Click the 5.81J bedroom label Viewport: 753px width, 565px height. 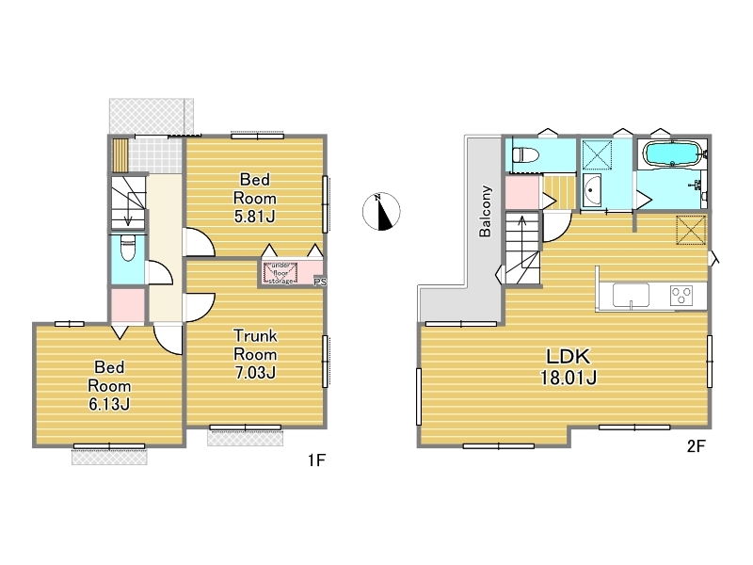[x=254, y=198]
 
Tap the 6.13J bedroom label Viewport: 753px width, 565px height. [x=109, y=386]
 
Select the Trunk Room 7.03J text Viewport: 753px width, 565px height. [x=255, y=354]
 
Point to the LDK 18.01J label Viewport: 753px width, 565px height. [x=569, y=366]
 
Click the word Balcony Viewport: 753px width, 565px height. [x=485, y=211]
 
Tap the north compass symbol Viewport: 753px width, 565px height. [x=381, y=211]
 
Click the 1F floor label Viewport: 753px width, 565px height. [x=317, y=460]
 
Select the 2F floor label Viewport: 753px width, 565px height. [x=696, y=446]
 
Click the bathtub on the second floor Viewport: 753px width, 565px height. [x=672, y=153]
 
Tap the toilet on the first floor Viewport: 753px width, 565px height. [x=128, y=248]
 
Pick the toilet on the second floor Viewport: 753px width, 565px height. [x=526, y=155]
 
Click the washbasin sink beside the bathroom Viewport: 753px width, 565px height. [x=592, y=190]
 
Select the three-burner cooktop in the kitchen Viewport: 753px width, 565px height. [x=681, y=296]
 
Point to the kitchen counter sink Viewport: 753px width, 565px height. [x=631, y=295]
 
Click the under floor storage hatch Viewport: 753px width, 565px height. [x=280, y=273]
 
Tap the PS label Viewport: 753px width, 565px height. [x=320, y=282]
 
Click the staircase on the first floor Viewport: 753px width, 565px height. [x=128, y=202]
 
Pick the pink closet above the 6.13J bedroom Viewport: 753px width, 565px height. [x=128, y=305]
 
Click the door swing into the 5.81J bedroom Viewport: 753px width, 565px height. [x=199, y=243]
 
